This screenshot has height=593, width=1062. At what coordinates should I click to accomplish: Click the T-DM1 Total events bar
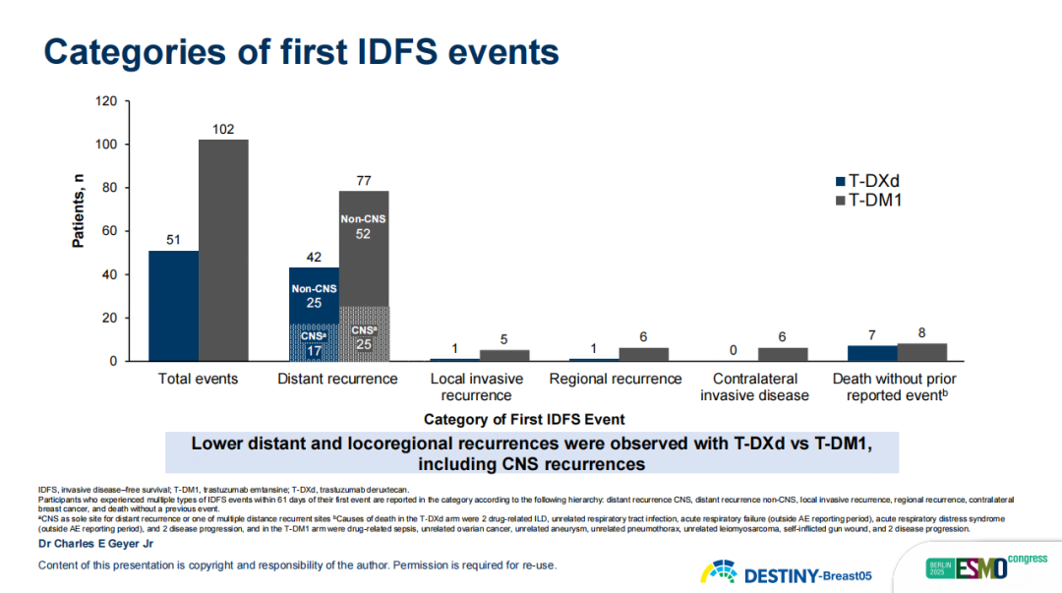223,250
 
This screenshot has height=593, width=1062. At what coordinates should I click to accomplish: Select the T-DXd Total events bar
173,306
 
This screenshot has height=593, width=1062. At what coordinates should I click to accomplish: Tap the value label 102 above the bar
223,129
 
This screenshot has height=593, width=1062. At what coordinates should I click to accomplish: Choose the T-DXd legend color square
840,182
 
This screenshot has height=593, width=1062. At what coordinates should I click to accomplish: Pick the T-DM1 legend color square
840,201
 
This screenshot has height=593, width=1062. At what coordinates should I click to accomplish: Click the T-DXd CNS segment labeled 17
314,342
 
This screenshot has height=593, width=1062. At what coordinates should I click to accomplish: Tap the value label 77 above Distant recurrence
363,180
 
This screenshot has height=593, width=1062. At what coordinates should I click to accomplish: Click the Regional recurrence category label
616,379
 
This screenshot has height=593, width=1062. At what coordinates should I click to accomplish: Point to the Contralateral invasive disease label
754,386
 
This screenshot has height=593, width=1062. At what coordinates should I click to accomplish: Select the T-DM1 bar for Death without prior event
921,352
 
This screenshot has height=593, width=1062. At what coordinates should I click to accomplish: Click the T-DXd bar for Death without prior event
872,353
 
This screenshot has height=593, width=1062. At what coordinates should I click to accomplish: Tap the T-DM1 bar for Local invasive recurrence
503,355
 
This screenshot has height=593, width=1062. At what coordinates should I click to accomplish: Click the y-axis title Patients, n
79,210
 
